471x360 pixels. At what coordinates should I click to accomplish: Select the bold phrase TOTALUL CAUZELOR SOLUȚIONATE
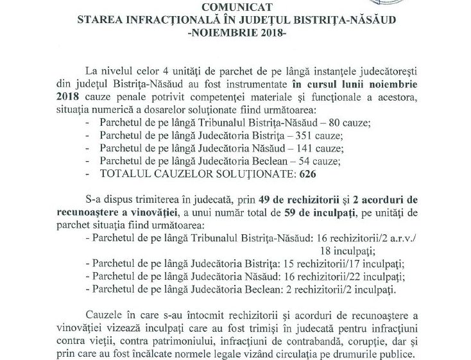pos(192,174)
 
